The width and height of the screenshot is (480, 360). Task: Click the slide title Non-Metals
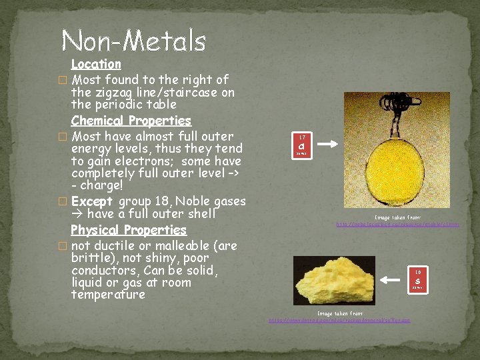[133, 41]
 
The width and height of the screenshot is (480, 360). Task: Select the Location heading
[96, 65]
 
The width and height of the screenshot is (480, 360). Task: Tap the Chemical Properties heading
[131, 121]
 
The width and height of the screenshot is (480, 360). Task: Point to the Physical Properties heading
[129, 231]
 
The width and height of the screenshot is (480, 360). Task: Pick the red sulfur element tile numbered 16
[417, 279]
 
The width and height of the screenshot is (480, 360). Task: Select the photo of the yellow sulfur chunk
[334, 280]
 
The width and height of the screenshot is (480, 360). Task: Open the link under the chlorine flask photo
[397, 225]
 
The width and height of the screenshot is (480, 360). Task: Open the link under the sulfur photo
[339, 321]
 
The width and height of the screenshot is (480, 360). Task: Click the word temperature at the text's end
[108, 295]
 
